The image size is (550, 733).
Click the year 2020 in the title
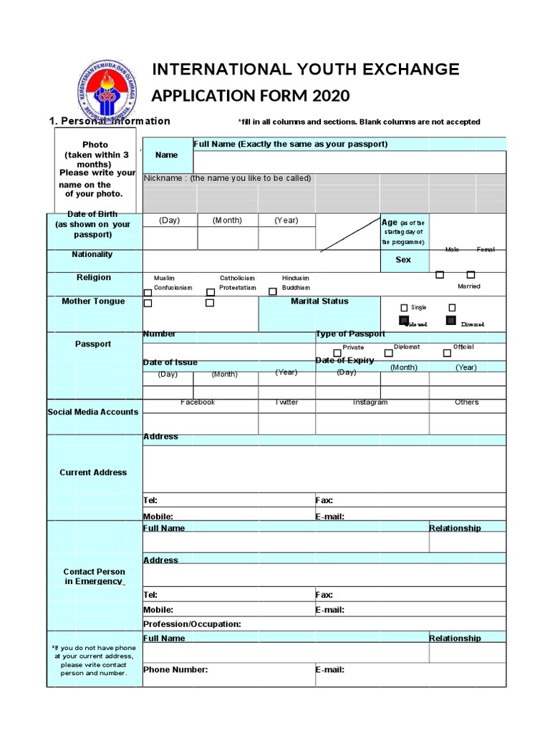(x=329, y=96)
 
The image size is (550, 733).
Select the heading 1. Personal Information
(x=109, y=121)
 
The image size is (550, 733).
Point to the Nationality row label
(x=92, y=255)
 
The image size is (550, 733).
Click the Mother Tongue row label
(x=93, y=301)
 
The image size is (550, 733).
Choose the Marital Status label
(x=319, y=301)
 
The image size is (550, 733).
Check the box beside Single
(x=405, y=308)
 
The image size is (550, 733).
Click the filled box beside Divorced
(x=451, y=321)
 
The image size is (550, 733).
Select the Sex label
(x=403, y=260)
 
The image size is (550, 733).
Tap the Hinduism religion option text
(x=296, y=278)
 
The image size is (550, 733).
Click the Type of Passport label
(x=350, y=334)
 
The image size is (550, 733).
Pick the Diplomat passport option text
(x=407, y=347)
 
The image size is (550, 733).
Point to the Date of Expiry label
(x=344, y=361)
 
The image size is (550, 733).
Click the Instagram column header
(x=370, y=402)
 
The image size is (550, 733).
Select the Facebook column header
(x=198, y=402)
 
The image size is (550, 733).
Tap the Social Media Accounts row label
(x=93, y=412)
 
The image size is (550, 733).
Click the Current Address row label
(x=93, y=472)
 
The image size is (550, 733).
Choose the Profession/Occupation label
(x=192, y=624)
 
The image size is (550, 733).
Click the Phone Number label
(x=175, y=670)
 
